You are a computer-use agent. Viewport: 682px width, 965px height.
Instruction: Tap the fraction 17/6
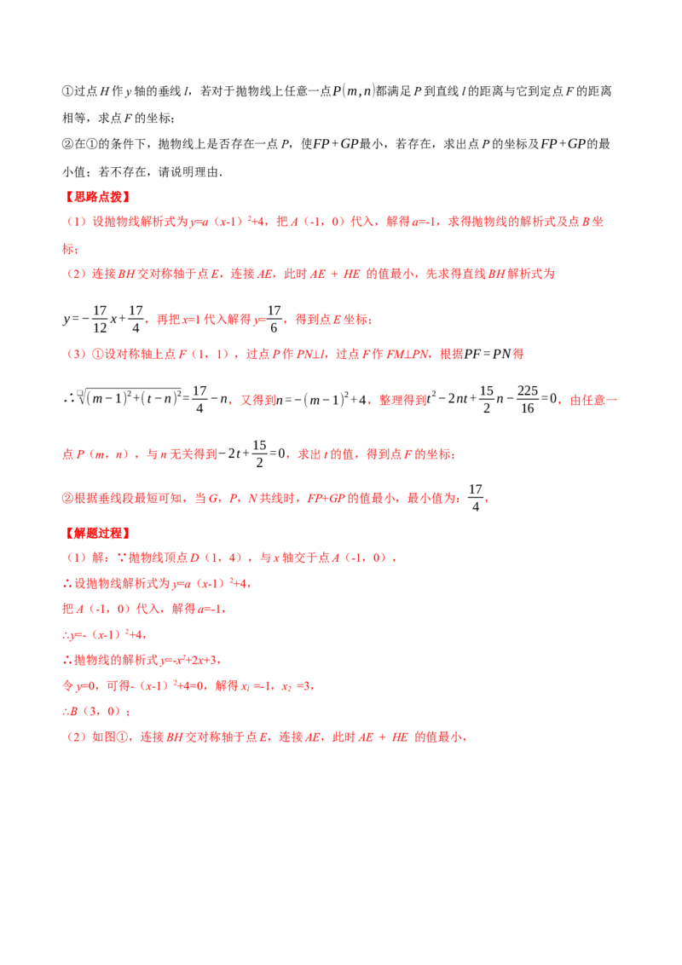(x=274, y=320)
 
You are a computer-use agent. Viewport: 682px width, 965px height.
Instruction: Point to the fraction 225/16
(x=528, y=400)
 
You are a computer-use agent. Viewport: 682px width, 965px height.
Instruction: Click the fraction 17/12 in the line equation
(x=100, y=320)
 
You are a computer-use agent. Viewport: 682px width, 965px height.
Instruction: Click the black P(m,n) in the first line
(x=353, y=91)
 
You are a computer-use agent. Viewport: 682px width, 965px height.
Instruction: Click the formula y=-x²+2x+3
(x=189, y=661)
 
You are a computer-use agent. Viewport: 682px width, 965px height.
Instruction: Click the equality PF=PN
(x=488, y=354)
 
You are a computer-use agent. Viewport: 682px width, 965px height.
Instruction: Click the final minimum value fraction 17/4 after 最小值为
(x=475, y=498)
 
